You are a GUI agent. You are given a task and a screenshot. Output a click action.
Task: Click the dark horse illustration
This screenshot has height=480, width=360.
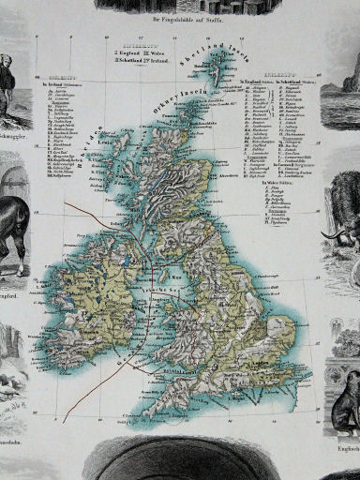click(x=14, y=234)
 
